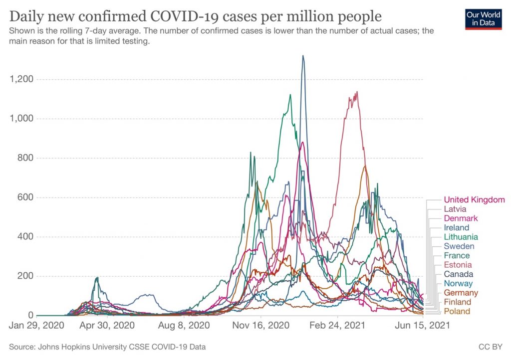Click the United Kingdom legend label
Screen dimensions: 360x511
click(x=474, y=200)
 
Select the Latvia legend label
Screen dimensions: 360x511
click(x=455, y=209)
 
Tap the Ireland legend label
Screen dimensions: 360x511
click(x=456, y=228)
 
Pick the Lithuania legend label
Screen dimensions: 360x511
click(x=461, y=237)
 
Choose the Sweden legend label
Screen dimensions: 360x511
click(x=459, y=246)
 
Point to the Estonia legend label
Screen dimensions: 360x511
click(x=458, y=265)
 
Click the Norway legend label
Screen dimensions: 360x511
click(x=458, y=284)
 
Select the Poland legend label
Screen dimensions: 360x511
click(x=457, y=312)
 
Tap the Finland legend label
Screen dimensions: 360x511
click(x=457, y=302)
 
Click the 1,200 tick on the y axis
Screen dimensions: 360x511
click(x=20, y=79)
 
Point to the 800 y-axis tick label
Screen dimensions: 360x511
click(x=25, y=158)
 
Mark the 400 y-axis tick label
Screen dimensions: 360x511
click(x=25, y=237)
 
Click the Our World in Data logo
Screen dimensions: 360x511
click(x=483, y=19)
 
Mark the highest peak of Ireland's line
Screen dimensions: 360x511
click(x=303, y=56)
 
